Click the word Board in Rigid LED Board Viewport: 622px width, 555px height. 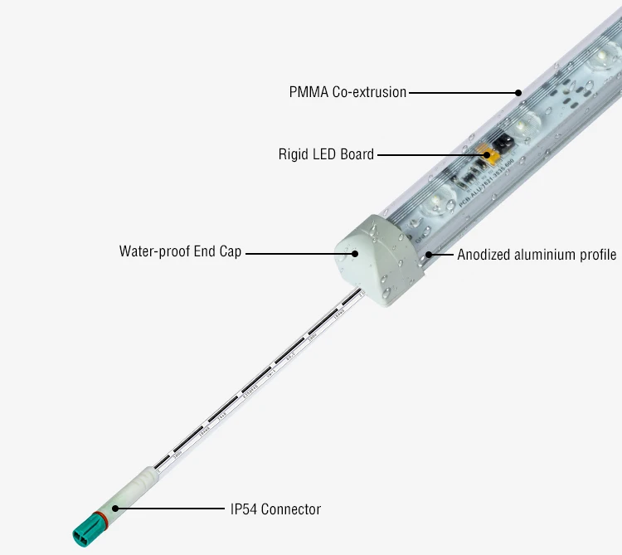(357, 154)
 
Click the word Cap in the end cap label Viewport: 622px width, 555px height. (231, 251)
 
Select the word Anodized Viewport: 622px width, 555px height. (483, 255)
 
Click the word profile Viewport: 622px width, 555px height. (597, 255)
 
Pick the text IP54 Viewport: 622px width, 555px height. (244, 509)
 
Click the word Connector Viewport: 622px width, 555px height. (290, 509)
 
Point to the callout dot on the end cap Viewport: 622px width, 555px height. (356, 254)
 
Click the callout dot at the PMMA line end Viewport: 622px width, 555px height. (518, 92)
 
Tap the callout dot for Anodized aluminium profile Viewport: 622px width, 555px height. (428, 253)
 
